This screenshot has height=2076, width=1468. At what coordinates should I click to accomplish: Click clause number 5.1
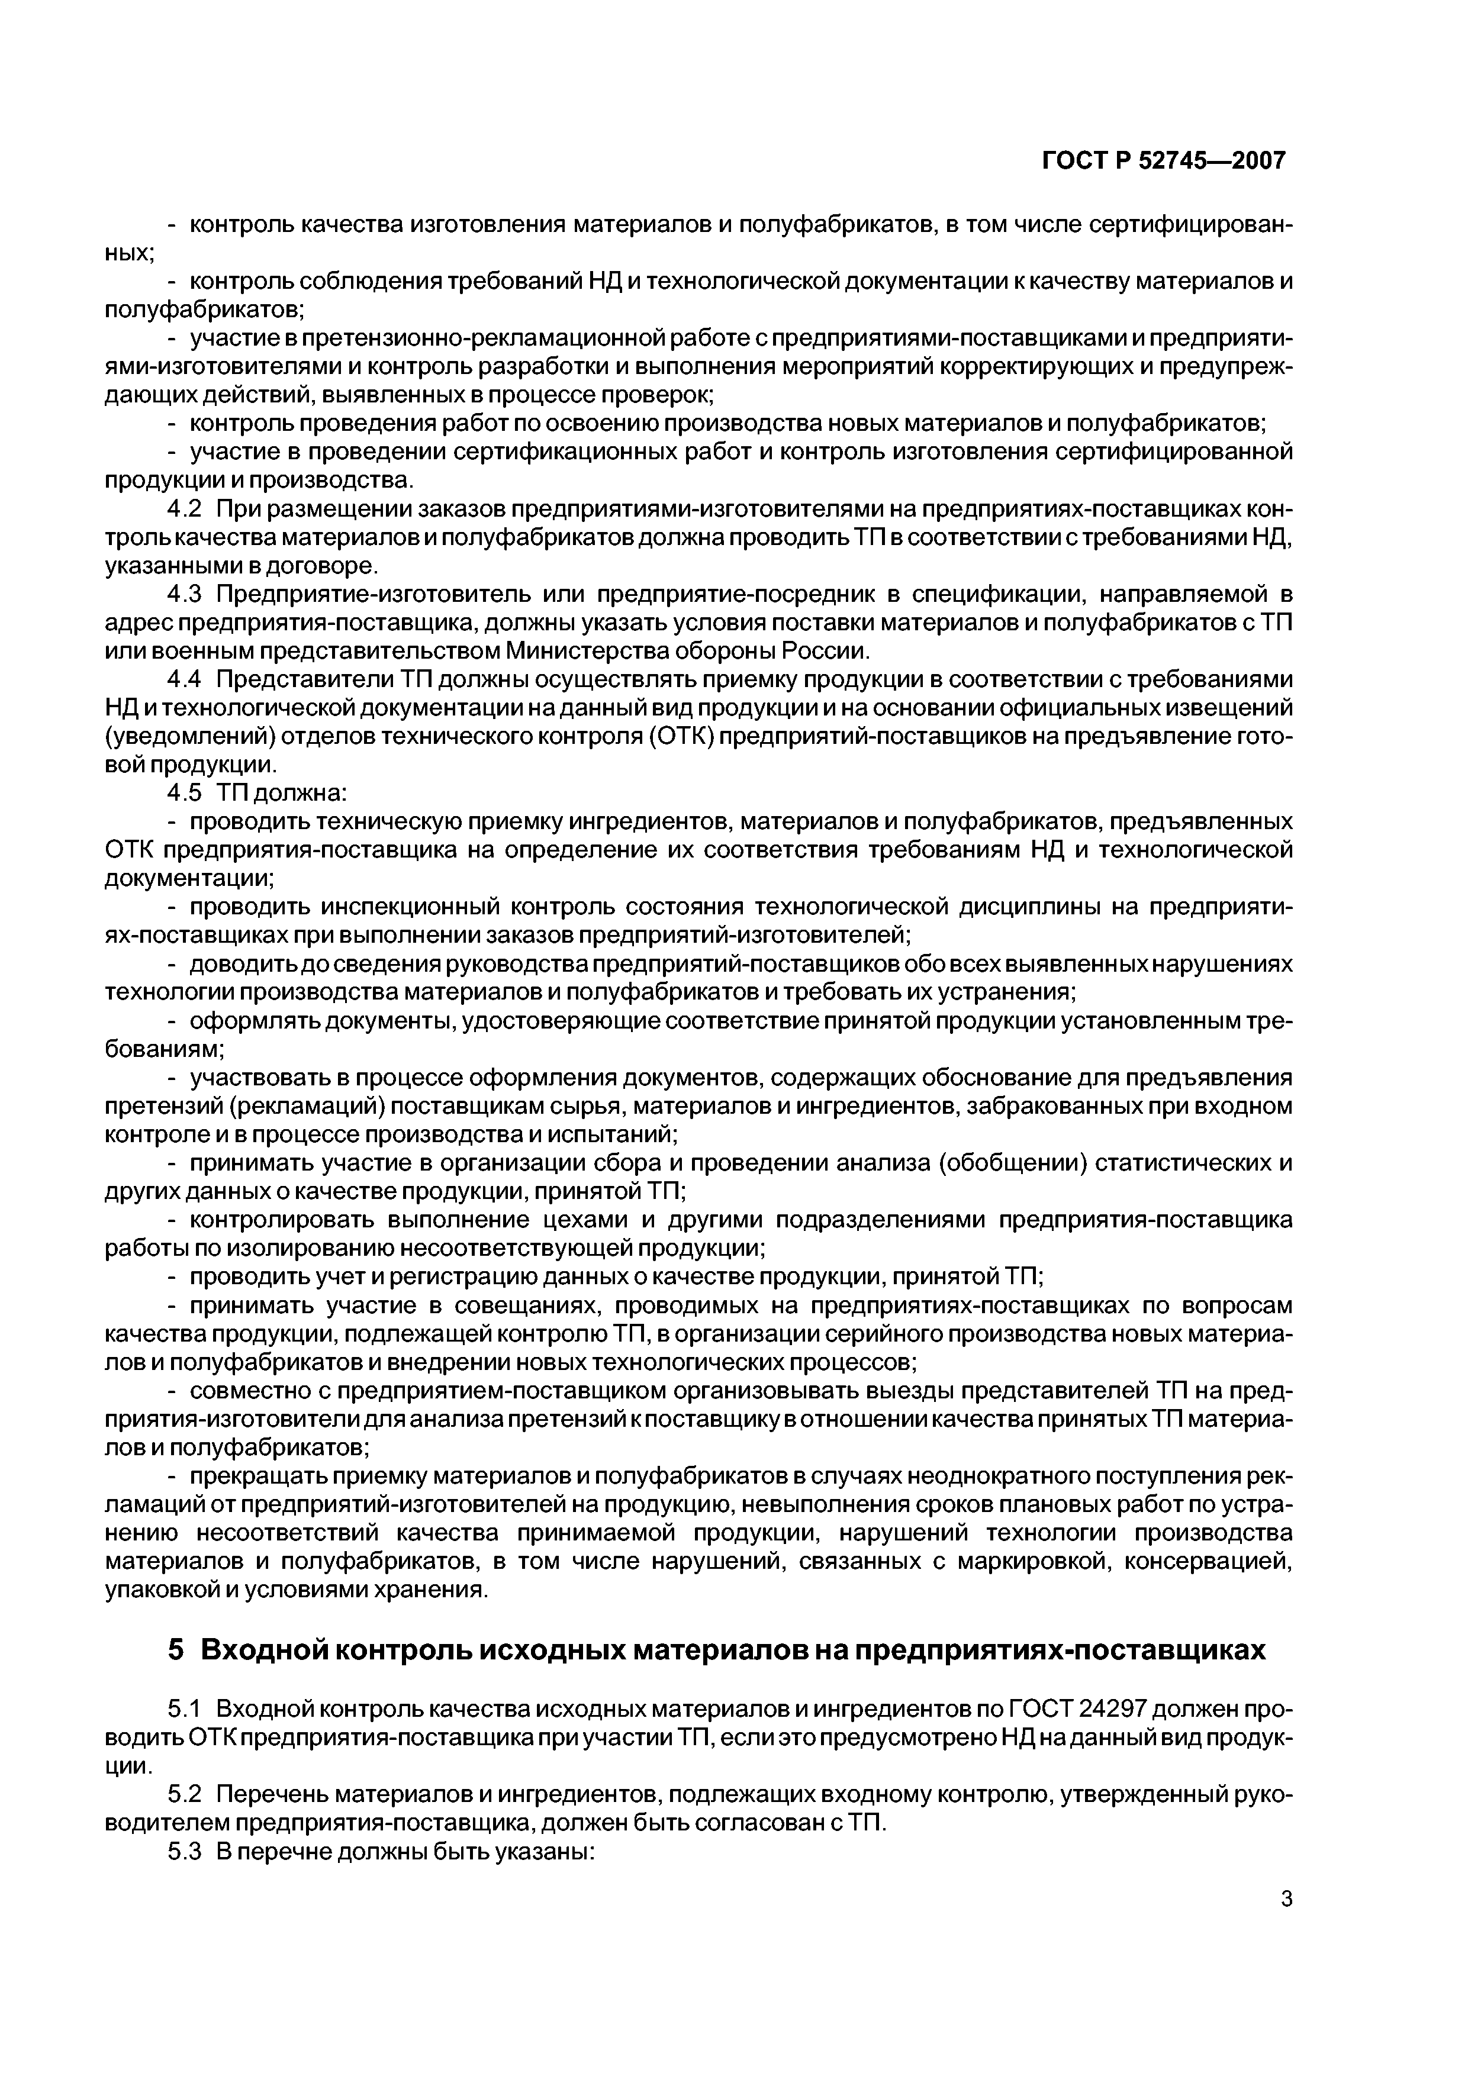(183, 1711)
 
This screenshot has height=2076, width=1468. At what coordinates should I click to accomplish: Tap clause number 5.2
(183, 1797)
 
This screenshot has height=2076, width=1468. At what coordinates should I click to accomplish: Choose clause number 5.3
(183, 1853)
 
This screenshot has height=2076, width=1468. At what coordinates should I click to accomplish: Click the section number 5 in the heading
(175, 1651)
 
